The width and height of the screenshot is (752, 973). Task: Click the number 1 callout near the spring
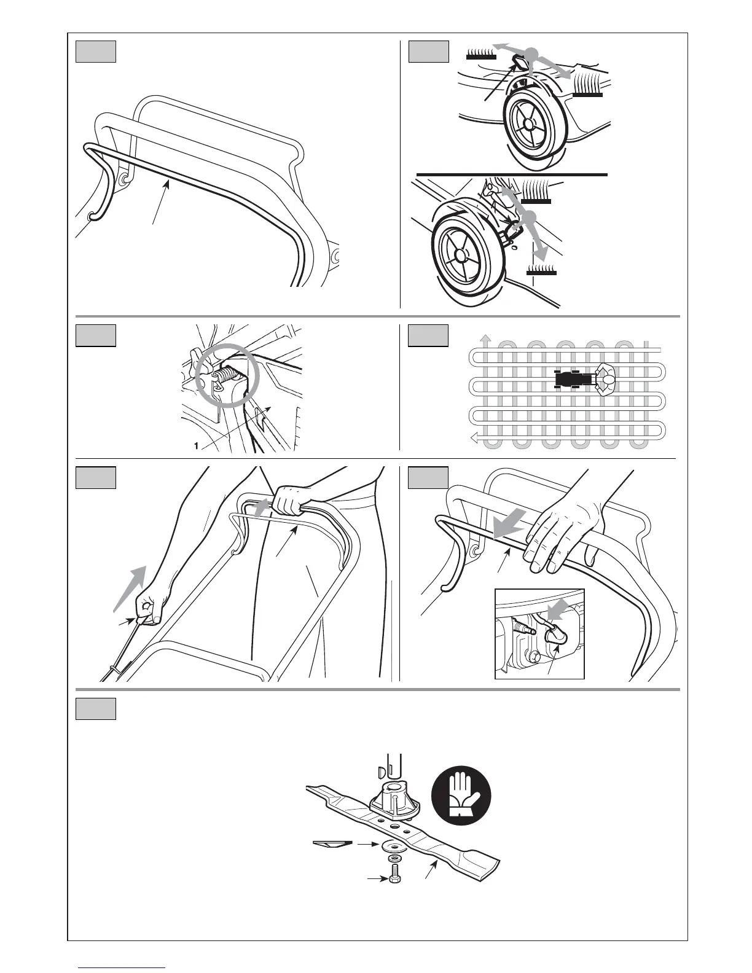pos(195,447)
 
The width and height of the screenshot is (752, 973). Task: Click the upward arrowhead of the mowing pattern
pos(485,338)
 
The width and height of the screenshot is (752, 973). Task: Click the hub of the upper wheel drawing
pos(528,123)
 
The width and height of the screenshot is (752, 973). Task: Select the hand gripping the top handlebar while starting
pos(289,501)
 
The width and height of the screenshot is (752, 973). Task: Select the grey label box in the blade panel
pos(96,709)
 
